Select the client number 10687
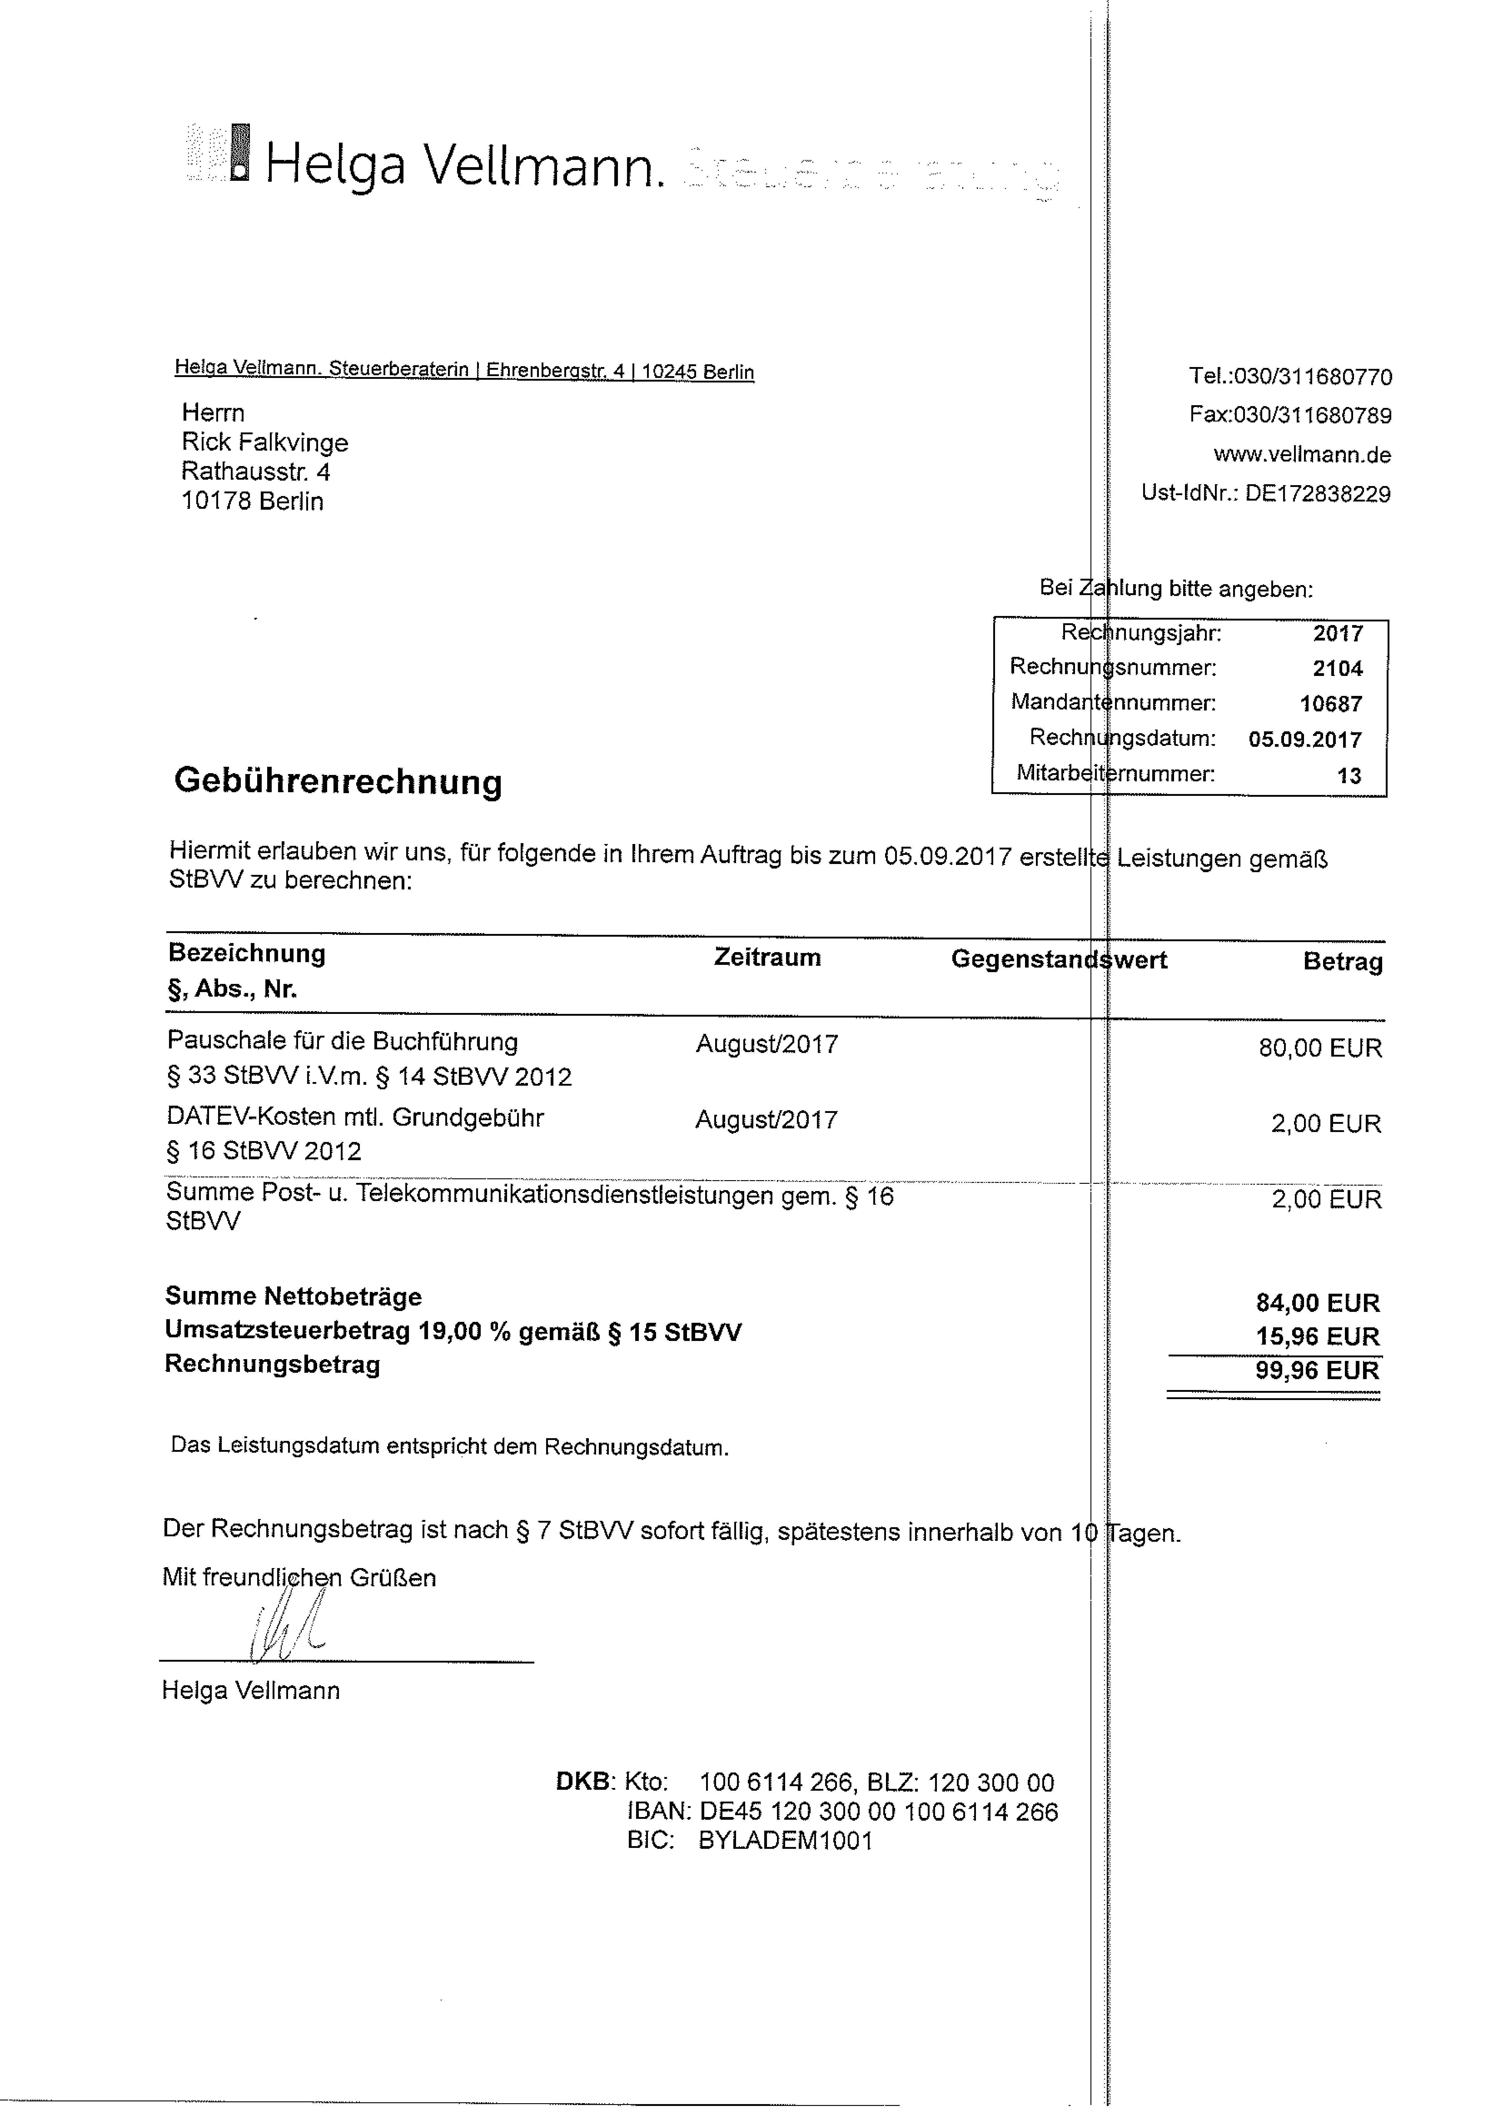1331,704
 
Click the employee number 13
1349,776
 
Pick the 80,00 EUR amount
1320,1049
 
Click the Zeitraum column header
767,958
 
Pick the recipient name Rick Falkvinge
265,442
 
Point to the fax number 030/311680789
1312,415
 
